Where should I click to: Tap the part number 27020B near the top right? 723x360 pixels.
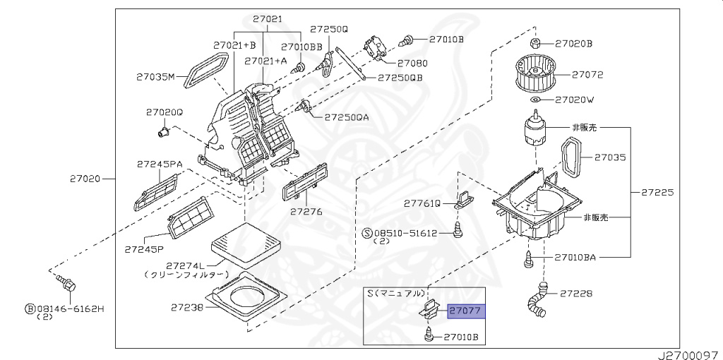[x=573, y=44]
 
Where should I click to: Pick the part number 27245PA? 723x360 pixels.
[x=160, y=164]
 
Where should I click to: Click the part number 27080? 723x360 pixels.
[x=412, y=63]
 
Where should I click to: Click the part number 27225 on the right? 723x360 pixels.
[x=657, y=191]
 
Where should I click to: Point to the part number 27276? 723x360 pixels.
[x=306, y=211]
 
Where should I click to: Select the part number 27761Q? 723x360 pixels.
[x=422, y=203]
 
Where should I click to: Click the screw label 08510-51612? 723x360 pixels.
[x=405, y=232]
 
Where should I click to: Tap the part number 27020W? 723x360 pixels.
[x=574, y=100]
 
